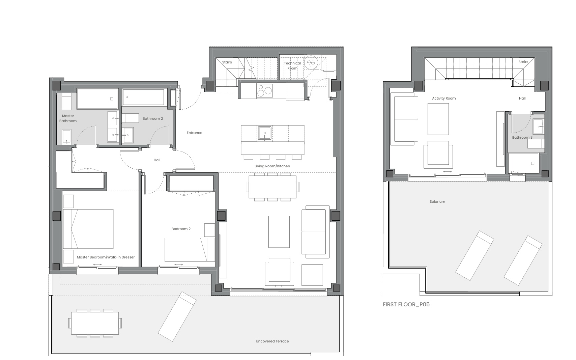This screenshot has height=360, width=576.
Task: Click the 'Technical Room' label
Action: click(x=292, y=65)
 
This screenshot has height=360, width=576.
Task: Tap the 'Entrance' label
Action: click(x=194, y=133)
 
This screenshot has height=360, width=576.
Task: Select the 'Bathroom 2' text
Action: click(x=153, y=119)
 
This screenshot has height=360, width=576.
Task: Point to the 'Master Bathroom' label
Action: click(x=68, y=118)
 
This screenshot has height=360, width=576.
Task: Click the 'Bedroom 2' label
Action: click(x=181, y=229)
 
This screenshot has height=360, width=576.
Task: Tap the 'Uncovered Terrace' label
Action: click(x=272, y=341)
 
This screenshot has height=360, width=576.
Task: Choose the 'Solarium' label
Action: click(x=437, y=201)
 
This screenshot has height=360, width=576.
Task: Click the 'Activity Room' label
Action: click(x=444, y=98)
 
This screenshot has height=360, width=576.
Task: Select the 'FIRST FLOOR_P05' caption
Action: click(x=406, y=304)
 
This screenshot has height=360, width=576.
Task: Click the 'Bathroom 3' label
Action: click(x=522, y=137)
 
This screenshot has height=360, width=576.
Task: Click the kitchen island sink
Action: click(x=265, y=133)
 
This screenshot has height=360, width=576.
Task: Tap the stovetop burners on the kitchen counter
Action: click(x=265, y=90)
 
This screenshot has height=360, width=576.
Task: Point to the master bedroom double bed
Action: click(x=88, y=229)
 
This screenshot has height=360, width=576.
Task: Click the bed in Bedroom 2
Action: click(x=190, y=250)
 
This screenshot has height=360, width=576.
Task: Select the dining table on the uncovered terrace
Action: click(x=95, y=323)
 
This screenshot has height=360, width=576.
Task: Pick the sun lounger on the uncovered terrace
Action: click(x=177, y=316)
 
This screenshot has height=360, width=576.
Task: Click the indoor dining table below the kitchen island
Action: click(x=272, y=187)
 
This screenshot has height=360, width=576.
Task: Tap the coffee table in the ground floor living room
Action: click(x=279, y=232)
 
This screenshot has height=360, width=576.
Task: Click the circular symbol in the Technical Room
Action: click(x=311, y=62)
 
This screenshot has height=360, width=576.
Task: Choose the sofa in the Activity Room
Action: click(x=404, y=119)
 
